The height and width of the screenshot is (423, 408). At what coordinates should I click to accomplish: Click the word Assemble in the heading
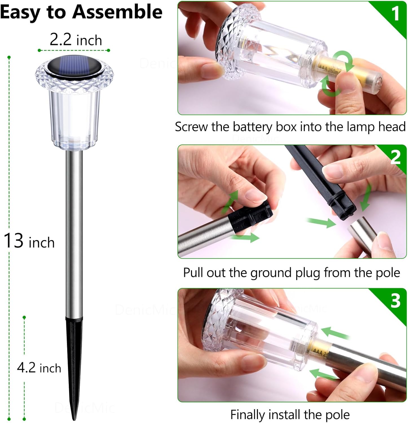pyautogui.click(x=118, y=12)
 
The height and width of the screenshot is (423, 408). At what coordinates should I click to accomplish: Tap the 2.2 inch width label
pyautogui.click(x=76, y=40)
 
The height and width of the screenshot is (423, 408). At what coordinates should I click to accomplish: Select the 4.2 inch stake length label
pyautogui.click(x=39, y=368)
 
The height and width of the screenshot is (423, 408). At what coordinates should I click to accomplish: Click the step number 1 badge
pyautogui.click(x=395, y=13)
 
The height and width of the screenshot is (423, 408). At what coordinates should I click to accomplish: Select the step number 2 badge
pyautogui.click(x=395, y=157)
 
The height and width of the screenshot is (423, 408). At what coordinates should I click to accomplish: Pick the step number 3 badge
pyautogui.click(x=395, y=301)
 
